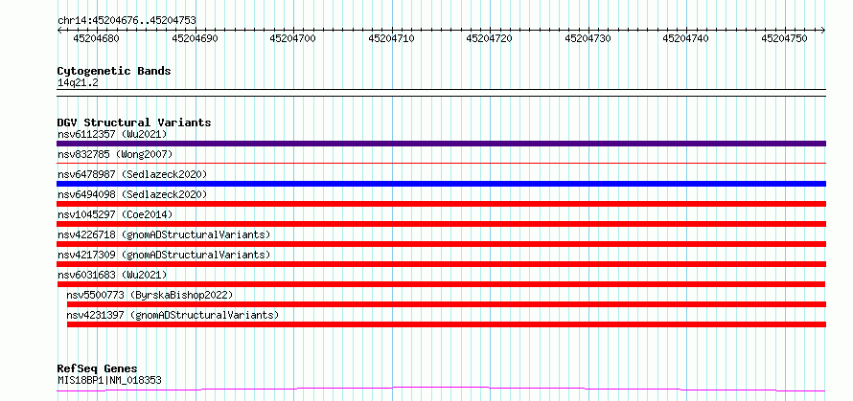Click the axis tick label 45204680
[x=96, y=38]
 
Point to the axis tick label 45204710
[x=391, y=38]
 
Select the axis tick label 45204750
[x=784, y=38]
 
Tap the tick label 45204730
[x=588, y=38]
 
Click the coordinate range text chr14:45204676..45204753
[x=127, y=21]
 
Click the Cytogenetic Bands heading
[x=114, y=71]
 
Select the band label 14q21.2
[x=78, y=83]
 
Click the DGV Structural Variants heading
[x=134, y=123]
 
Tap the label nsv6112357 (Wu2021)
[x=112, y=134]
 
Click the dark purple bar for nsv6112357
[x=441, y=144]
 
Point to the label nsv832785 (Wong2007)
[x=115, y=154]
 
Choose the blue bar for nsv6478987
[x=441, y=184]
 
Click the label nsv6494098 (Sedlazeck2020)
[x=132, y=194]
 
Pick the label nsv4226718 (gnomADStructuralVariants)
[x=164, y=234]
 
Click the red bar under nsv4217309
[x=441, y=264]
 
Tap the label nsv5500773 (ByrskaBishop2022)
[x=150, y=295]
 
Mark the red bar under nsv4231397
[x=447, y=324]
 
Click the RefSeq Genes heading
[x=98, y=369]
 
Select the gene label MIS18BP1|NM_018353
[x=109, y=380]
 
